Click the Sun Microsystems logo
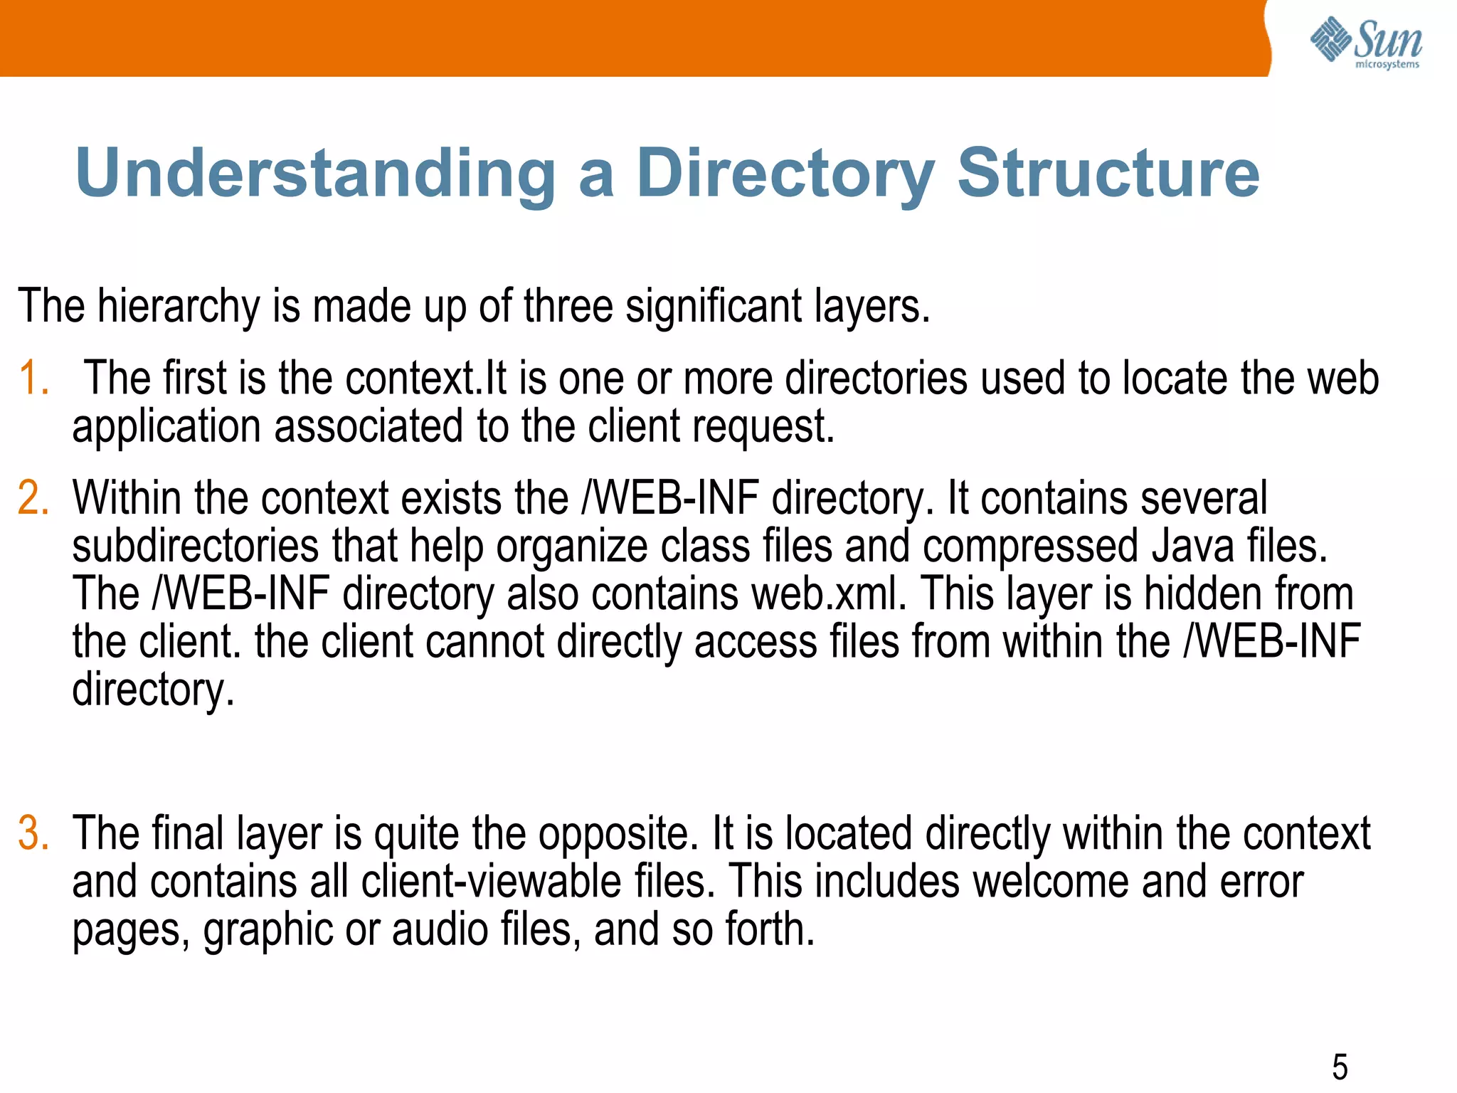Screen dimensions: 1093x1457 point(1365,43)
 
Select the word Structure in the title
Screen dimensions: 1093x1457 point(1108,173)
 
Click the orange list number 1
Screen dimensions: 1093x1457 point(33,378)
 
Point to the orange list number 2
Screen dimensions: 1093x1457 point(33,497)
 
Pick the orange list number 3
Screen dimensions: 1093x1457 point(33,833)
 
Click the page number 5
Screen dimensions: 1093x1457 point(1340,1067)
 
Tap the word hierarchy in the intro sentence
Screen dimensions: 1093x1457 point(179,307)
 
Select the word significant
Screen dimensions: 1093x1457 point(713,306)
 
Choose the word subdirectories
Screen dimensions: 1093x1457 point(196,546)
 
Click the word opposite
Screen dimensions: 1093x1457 point(618,834)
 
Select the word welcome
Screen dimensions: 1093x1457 point(1050,882)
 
